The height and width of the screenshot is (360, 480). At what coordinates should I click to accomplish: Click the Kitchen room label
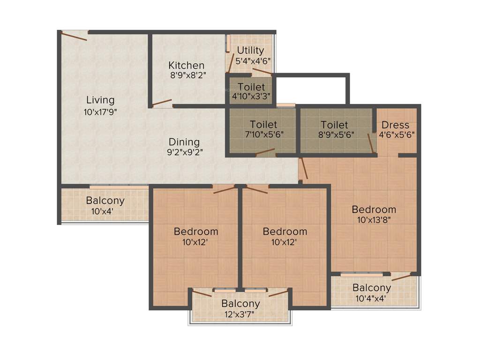[186, 65]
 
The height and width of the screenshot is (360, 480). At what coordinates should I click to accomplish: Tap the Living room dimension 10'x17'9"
[100, 112]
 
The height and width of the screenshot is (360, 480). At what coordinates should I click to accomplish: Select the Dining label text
[184, 142]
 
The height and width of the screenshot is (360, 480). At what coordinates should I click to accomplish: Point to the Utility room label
[250, 50]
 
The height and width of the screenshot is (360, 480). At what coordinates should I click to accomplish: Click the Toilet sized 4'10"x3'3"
[251, 87]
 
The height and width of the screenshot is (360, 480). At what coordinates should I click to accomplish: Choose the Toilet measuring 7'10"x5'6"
[263, 125]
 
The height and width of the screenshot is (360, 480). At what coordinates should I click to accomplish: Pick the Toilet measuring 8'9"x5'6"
[334, 125]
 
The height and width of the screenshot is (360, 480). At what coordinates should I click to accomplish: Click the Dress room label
[395, 125]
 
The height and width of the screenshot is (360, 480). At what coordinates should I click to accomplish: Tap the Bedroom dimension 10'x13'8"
[374, 219]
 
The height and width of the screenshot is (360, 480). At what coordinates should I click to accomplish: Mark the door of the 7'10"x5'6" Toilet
[265, 151]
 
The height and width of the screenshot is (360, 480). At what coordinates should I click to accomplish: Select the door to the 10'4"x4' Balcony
[402, 277]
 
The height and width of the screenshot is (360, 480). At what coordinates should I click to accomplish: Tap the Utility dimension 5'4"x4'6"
[253, 60]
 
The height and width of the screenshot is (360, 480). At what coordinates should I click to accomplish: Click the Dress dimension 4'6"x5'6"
[396, 134]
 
